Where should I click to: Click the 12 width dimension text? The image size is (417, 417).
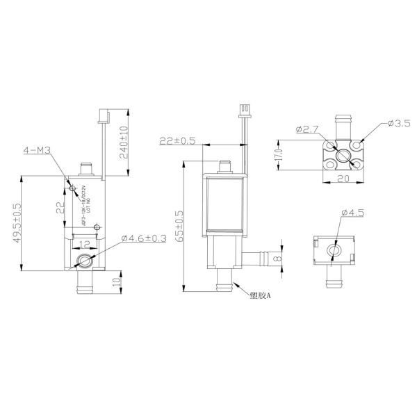pyautogui.click(x=84, y=245)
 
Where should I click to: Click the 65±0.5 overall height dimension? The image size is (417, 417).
pyautogui.click(x=179, y=225)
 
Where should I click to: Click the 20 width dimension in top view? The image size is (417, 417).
pyautogui.click(x=343, y=179)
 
